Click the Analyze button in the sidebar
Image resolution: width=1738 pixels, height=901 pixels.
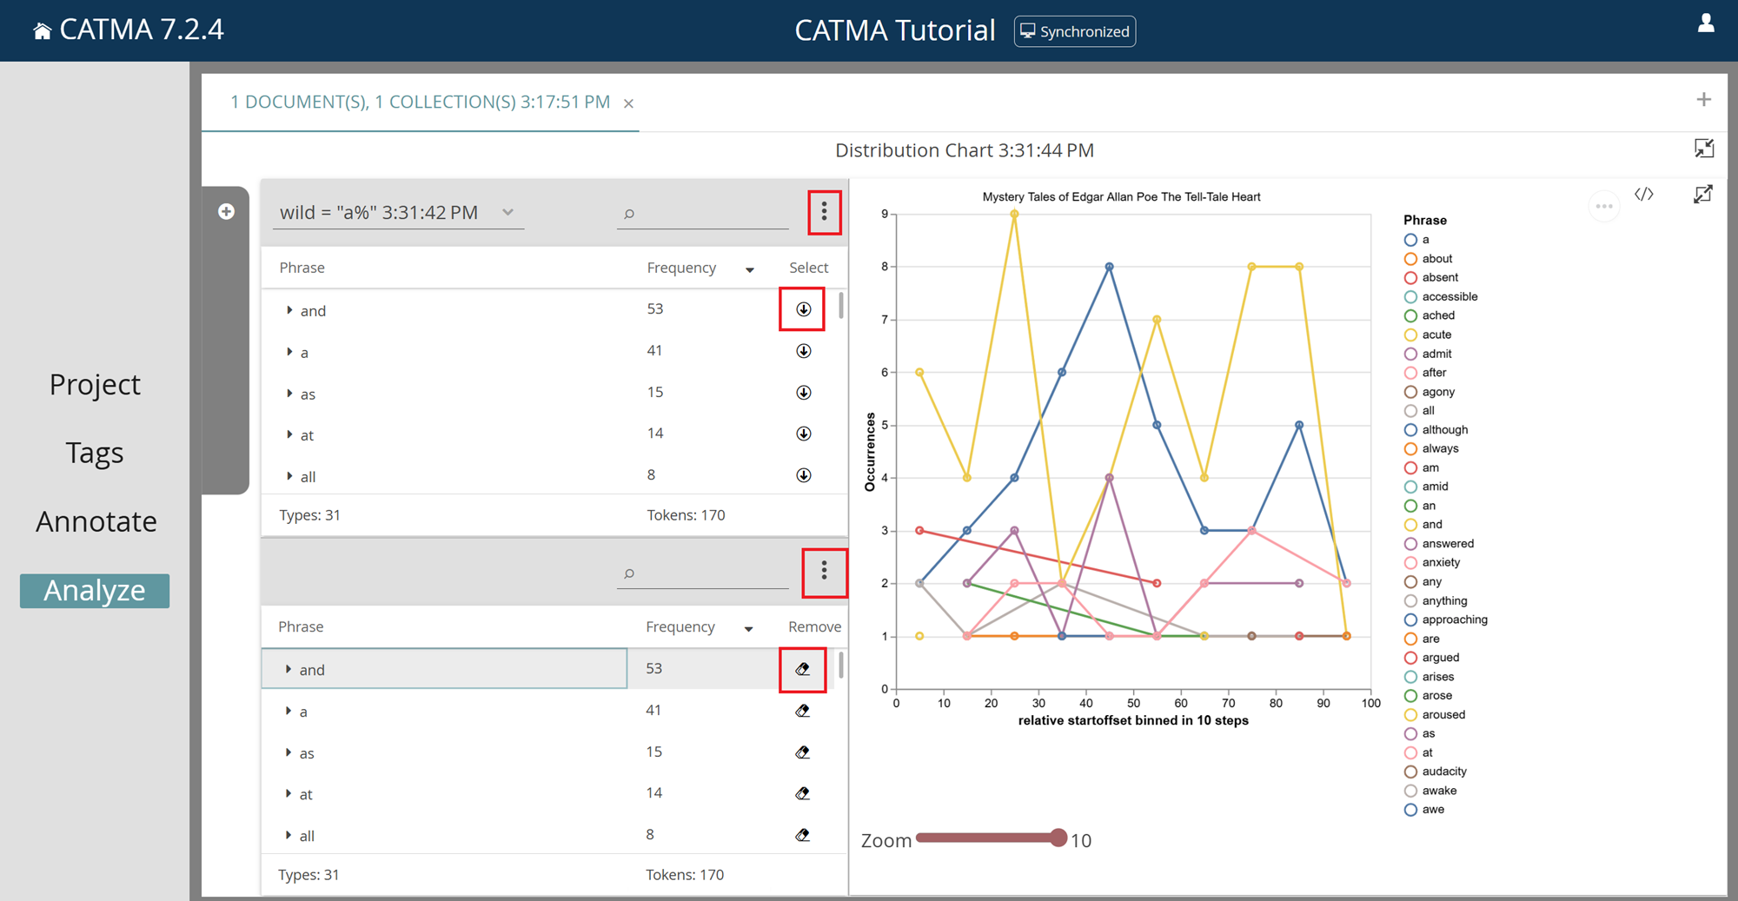tap(95, 591)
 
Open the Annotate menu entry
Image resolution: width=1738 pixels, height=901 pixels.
tap(96, 521)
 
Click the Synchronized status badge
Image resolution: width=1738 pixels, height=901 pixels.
tap(1075, 31)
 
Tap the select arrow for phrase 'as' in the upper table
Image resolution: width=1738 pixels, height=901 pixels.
tap(804, 393)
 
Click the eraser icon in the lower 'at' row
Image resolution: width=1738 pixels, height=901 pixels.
tap(803, 793)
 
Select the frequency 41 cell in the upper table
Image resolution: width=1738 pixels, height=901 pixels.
tap(654, 351)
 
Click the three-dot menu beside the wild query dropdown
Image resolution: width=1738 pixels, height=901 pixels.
tap(825, 212)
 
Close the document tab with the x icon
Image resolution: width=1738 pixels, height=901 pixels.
tap(628, 103)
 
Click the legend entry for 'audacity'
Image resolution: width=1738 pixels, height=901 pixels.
tap(1443, 772)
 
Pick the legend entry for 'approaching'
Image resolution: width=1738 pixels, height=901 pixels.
tap(1454, 619)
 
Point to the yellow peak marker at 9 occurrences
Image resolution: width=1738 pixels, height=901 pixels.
tap(1015, 214)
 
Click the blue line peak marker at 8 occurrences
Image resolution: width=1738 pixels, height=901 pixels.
tap(1110, 267)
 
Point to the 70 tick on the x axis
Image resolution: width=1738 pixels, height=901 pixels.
tap(1228, 703)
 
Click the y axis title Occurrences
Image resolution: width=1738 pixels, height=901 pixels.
tap(870, 452)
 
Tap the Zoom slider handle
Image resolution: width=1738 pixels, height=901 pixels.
tap(1058, 838)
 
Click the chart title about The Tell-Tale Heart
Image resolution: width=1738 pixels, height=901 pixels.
tap(1121, 197)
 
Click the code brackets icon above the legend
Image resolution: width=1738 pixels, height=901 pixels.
tap(1643, 195)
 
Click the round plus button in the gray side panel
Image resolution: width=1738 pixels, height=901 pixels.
tap(226, 212)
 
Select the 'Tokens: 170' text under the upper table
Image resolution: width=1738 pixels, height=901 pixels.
tap(686, 515)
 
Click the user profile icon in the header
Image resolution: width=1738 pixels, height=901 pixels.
tap(1706, 23)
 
